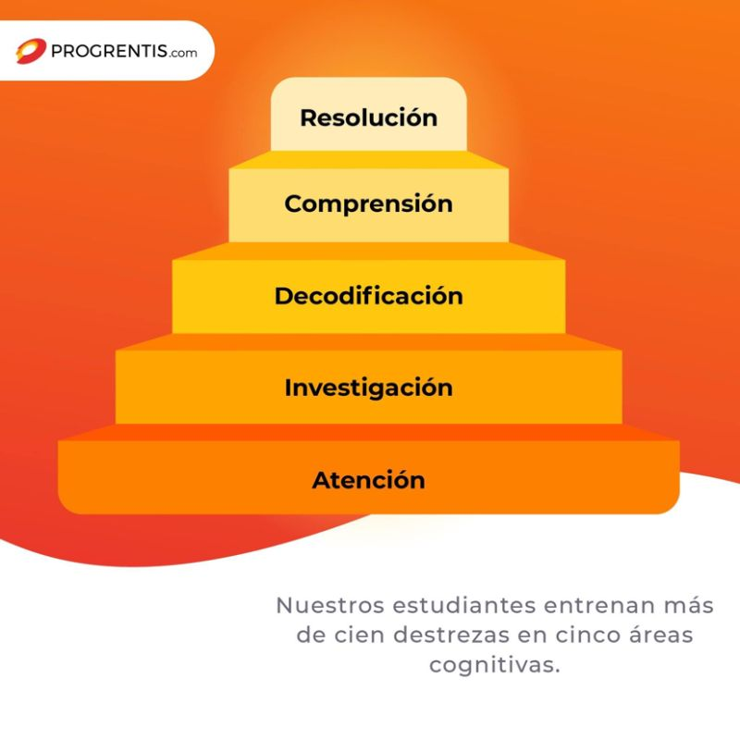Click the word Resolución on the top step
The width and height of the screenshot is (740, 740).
point(368,118)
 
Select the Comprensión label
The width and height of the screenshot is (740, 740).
point(368,203)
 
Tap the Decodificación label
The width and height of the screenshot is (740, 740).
point(368,296)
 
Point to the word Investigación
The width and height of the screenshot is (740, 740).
point(368,388)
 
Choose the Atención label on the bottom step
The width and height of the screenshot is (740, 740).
point(368,481)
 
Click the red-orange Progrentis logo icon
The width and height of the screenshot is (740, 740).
point(31,51)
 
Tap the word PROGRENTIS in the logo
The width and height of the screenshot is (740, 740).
point(108,51)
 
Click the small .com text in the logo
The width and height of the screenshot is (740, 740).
point(183,53)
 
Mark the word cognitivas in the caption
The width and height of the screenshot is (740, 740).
point(494,666)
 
